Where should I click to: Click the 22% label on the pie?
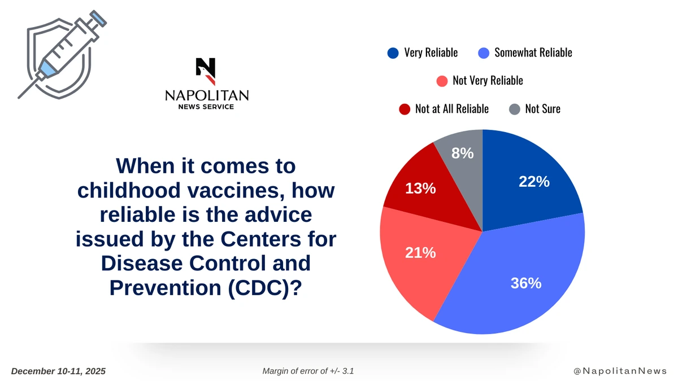(534, 181)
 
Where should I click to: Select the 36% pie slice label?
(526, 283)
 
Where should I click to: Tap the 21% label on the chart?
(420, 253)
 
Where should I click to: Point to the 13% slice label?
(420, 189)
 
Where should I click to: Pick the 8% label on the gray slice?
(462, 153)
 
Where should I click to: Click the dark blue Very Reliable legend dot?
(393, 53)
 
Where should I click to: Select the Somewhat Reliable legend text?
(533, 52)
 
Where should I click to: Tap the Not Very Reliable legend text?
(488, 81)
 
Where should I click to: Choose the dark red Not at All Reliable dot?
(404, 109)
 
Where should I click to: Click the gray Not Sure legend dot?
(514, 109)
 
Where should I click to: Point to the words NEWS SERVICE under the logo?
(206, 107)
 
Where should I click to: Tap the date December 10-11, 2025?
(58, 371)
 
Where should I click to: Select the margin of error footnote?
(308, 371)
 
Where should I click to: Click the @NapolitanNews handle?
(620, 371)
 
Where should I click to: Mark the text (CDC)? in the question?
(264, 287)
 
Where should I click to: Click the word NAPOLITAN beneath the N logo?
(206, 95)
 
